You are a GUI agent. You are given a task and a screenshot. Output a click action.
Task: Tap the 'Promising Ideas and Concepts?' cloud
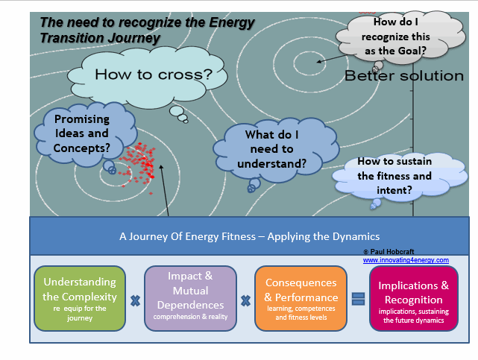tap(77, 133)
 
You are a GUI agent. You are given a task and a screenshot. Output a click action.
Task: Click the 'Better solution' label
tap(403, 76)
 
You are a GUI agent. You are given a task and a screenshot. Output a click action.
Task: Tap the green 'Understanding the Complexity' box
tap(80, 297)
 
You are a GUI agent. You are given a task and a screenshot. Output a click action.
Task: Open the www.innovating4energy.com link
tap(406, 260)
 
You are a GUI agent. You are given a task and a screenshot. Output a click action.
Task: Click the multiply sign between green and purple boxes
tap(135, 301)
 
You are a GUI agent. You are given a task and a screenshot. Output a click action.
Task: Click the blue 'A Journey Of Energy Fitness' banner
tap(249, 236)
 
